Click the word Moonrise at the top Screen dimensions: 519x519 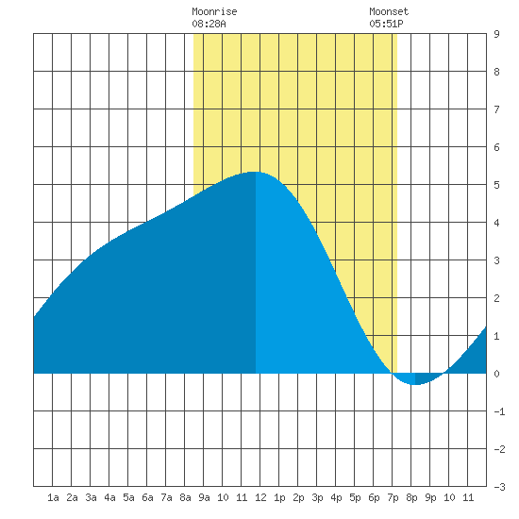pyautogui.click(x=214, y=11)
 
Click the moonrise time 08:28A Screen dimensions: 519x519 pyautogui.click(x=209, y=24)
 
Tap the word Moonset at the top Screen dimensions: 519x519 pyautogui.click(x=389, y=11)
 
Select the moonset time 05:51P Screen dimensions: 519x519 pyautogui.click(x=386, y=24)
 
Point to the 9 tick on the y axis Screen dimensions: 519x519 pyautogui.click(x=496, y=34)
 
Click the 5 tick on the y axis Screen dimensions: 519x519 pyautogui.click(x=496, y=185)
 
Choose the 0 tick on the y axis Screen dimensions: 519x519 pyautogui.click(x=496, y=374)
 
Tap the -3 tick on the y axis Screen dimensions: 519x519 pyautogui.click(x=499, y=487)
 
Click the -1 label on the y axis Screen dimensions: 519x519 pyautogui.click(x=499, y=411)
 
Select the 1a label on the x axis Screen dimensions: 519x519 pyautogui.click(x=53, y=497)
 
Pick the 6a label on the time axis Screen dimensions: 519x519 pyautogui.click(x=147, y=497)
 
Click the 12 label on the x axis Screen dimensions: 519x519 pyautogui.click(x=260, y=497)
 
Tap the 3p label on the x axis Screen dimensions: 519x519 pyautogui.click(x=317, y=497)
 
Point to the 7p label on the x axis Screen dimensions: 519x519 pyautogui.click(x=393, y=497)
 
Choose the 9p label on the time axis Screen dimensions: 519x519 pyautogui.click(x=430, y=497)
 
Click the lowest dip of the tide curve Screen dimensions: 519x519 pyautogui.click(x=414, y=385)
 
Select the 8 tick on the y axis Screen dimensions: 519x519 pyautogui.click(x=496, y=72)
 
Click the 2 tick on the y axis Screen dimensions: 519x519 pyautogui.click(x=496, y=298)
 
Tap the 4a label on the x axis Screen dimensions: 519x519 pyautogui.click(x=109, y=497)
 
